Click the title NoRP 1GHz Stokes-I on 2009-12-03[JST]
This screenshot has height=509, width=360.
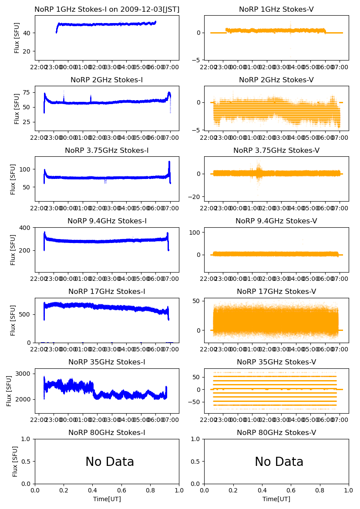point(107,9)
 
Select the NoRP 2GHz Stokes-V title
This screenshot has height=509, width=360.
point(276,80)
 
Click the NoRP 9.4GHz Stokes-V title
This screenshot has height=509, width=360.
point(276,221)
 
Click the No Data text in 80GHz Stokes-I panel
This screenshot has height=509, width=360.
point(110,462)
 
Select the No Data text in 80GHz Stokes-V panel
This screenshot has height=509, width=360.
point(279,462)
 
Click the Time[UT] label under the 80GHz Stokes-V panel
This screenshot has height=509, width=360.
point(276,499)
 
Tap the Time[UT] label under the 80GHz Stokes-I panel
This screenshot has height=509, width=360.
point(107,499)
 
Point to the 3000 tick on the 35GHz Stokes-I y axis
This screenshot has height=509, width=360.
point(25,374)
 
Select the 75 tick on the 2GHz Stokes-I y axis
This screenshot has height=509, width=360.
point(28,92)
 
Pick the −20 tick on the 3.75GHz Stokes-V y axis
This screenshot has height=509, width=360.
point(195,197)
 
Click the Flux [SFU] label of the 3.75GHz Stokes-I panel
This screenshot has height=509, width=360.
point(13,179)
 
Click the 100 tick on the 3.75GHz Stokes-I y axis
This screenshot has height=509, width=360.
point(27,169)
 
